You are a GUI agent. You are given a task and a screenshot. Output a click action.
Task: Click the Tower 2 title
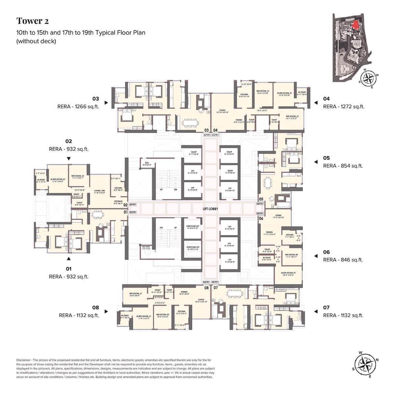33,21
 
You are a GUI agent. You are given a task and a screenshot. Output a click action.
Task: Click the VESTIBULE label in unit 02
118,201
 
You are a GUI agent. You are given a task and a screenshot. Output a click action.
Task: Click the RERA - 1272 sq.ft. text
344,107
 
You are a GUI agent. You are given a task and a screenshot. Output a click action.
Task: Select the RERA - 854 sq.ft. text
343,166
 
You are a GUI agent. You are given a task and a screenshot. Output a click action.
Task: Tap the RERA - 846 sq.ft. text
343,260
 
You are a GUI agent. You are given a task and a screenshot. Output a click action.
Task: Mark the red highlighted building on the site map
355,24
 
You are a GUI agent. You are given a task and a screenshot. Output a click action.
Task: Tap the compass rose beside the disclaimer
365,364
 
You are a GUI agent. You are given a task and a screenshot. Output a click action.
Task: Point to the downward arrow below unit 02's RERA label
69,159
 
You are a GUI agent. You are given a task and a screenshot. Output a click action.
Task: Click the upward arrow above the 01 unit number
69,259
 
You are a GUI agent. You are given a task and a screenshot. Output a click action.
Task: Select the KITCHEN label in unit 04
244,94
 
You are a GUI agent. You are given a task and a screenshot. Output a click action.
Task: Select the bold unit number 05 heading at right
326,158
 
